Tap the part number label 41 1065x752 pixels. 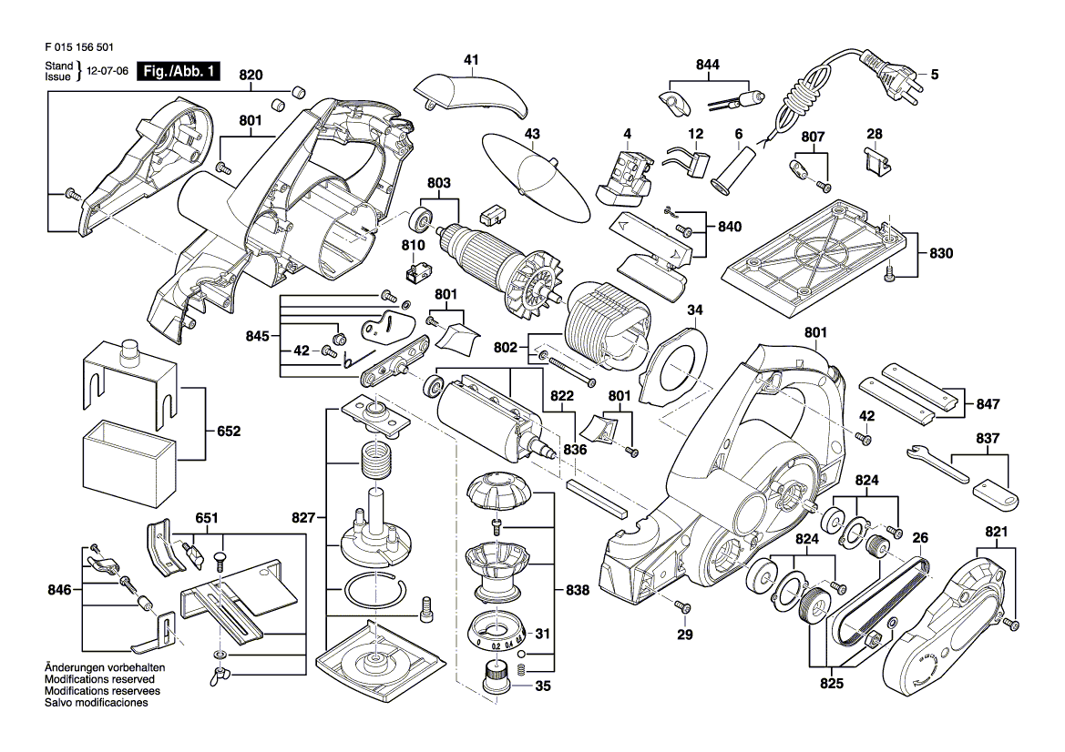point(471,60)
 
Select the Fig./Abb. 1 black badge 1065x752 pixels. point(179,71)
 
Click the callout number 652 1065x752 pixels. point(229,432)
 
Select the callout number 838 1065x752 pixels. point(577,591)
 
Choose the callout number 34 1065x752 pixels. point(695,310)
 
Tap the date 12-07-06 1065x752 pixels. point(106,71)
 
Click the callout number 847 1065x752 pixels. point(988,403)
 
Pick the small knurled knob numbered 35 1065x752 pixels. point(495,679)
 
